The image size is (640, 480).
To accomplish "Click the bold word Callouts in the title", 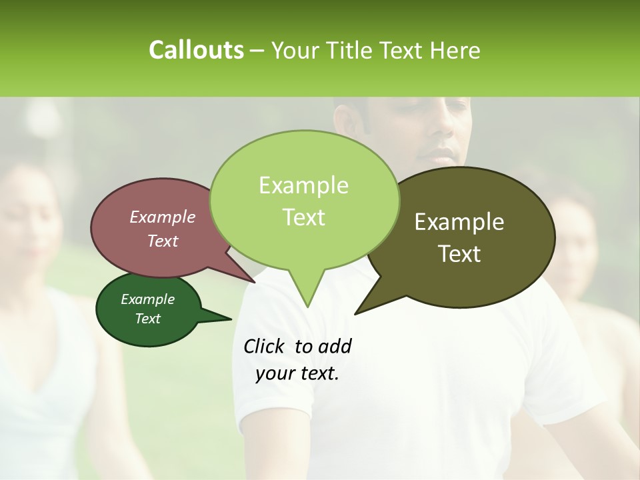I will tap(196, 50).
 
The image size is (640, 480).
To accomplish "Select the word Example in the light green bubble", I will tap(303, 185).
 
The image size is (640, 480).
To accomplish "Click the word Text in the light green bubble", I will tap(303, 217).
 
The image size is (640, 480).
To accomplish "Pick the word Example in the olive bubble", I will tap(459, 222).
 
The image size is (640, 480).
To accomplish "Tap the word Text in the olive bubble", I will tap(459, 254).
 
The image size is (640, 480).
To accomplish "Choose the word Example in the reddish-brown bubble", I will tap(163, 217).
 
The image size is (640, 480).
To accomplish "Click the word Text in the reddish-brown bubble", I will tap(163, 241).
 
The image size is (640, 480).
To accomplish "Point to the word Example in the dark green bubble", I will tap(148, 299).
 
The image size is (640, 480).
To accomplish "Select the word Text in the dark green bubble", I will tap(148, 319).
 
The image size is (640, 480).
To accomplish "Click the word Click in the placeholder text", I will tap(265, 346).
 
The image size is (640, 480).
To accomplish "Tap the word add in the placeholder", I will tap(335, 346).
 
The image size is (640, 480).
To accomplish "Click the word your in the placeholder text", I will tap(274, 374).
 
